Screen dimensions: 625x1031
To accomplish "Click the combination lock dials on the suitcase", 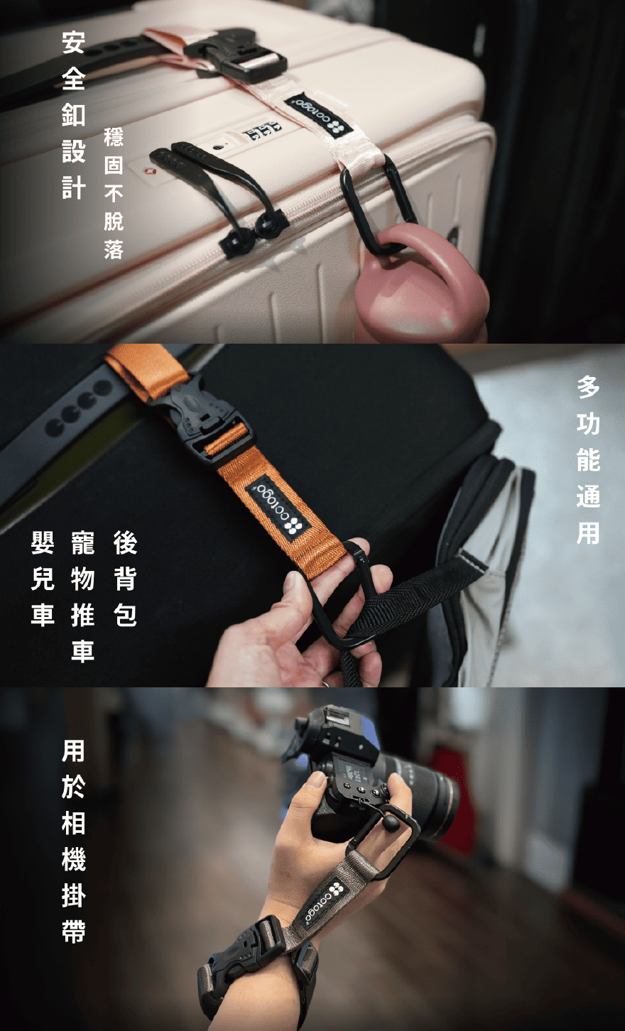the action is point(262,131).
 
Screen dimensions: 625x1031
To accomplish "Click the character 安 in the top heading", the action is point(74,43).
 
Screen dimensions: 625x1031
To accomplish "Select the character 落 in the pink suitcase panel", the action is point(114,249).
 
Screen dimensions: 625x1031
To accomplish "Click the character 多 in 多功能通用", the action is point(588,386).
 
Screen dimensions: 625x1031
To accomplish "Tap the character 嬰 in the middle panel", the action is point(43,542).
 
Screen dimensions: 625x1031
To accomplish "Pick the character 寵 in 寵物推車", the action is point(83,542).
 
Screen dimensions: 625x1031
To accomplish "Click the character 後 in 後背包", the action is point(125,542).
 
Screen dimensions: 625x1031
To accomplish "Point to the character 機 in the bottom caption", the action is point(74,857).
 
